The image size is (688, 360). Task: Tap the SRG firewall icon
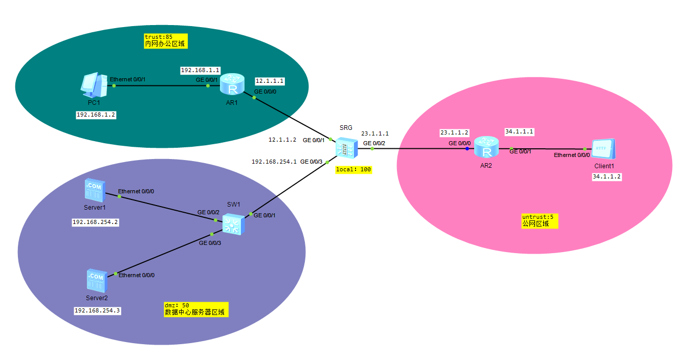345,148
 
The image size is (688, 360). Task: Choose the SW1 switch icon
234,223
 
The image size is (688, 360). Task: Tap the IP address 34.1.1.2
607,176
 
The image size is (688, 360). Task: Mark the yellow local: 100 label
353,169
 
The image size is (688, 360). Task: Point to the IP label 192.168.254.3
97,310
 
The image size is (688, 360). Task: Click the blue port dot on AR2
467,149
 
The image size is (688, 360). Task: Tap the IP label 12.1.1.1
270,81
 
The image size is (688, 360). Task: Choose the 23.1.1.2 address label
454,132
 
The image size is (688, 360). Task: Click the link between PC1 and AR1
161,85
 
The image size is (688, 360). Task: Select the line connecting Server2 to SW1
164,254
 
